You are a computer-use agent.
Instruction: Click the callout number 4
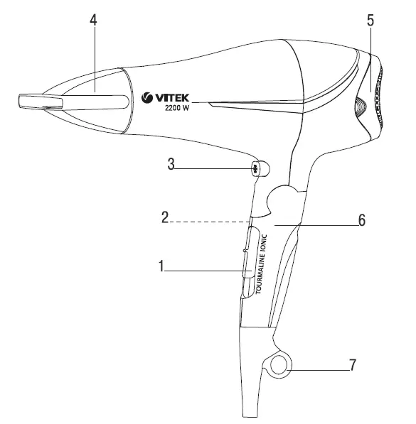pos(93,19)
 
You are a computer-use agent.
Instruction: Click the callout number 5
pos(370,19)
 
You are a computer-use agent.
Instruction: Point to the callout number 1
pos(162,267)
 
